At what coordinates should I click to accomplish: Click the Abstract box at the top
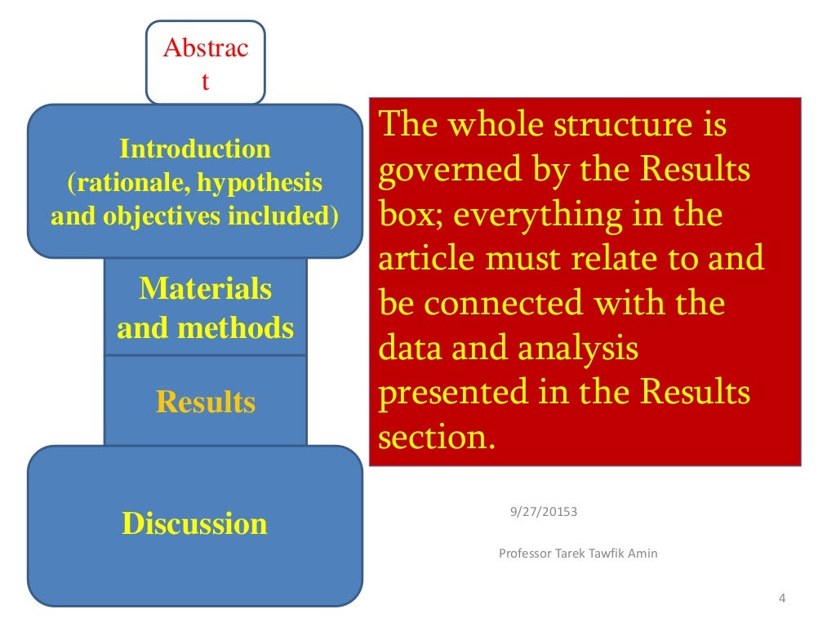(206, 64)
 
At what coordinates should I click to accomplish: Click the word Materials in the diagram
(206, 288)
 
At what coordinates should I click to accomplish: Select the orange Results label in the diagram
(206, 402)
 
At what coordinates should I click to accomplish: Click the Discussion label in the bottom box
(194, 523)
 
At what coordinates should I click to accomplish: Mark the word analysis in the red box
(578, 349)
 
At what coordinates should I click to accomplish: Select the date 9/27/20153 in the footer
(544, 512)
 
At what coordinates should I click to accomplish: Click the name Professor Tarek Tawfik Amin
(578, 554)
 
